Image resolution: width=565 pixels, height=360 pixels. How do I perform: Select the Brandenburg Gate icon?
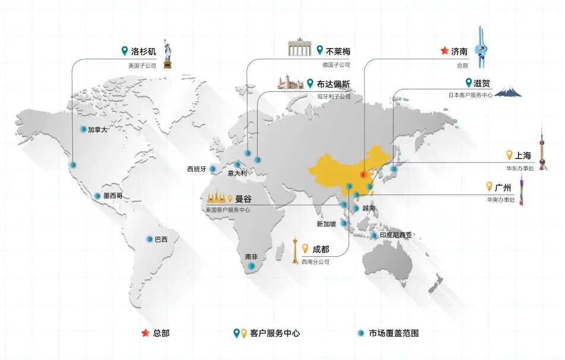pos(300,48)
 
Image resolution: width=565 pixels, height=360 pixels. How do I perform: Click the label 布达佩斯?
pos(334,84)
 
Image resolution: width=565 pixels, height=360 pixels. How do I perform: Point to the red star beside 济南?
pos(445,51)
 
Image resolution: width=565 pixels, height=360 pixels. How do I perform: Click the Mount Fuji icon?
pos(508,91)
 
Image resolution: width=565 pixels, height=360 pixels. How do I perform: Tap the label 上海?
pos(523,155)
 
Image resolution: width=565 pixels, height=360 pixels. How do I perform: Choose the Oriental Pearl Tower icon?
pos(542,149)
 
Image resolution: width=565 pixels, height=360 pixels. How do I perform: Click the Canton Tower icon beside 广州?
pos(522,190)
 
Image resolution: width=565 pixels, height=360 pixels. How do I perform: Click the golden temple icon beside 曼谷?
pos(216,196)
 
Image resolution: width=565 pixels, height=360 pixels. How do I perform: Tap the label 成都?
pos(321,249)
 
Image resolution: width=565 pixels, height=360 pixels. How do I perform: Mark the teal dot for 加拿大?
pos(83,129)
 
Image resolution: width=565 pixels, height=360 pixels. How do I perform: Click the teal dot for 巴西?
pos(150,239)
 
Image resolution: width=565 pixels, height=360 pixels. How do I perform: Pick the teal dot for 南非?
pos(251,266)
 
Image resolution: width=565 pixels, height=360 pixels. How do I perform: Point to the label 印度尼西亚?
pos(396,235)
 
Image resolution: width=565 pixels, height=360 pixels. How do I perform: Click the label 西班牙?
pos(196,169)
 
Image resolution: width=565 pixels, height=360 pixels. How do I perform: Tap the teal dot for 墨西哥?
pos(97,196)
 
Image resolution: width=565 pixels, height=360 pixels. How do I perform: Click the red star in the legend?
pos(145,333)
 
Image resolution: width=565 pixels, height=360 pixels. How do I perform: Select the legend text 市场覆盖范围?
pos(393,333)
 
